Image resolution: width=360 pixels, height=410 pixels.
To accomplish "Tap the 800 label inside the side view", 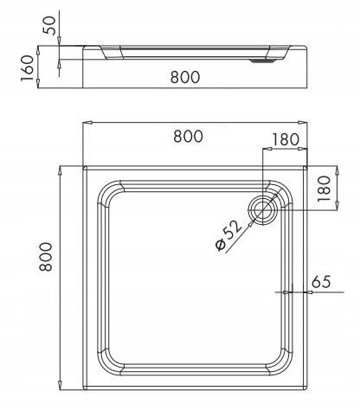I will [x=183, y=77].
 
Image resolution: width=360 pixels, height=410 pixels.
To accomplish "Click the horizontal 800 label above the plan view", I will [x=189, y=136].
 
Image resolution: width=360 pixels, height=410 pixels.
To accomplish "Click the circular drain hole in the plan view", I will [x=261, y=208].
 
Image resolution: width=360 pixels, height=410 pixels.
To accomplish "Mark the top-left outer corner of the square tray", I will [x=85, y=166].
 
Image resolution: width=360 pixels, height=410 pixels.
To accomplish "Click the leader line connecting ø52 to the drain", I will [x=245, y=222].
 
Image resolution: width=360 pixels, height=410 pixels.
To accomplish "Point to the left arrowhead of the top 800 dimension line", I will [x=87, y=123].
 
